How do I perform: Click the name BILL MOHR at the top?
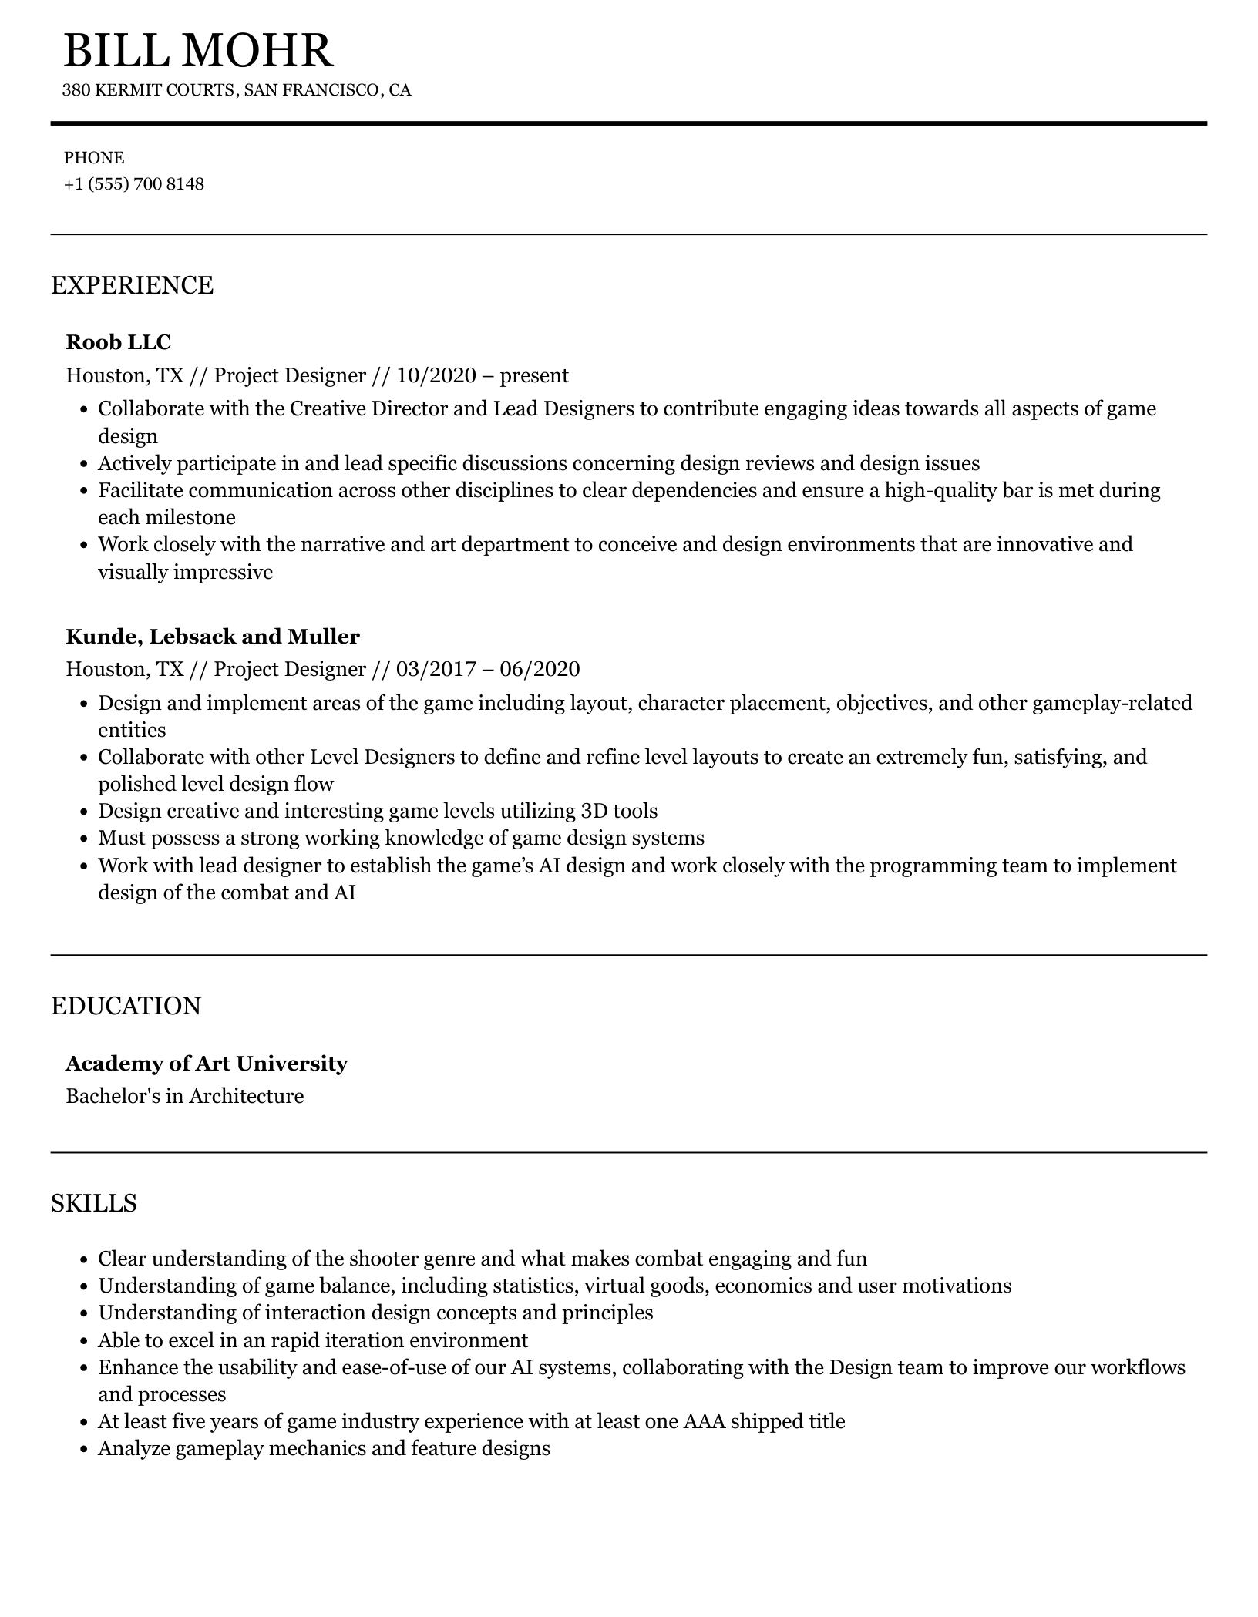[198, 51]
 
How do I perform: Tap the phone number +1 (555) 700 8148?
[134, 184]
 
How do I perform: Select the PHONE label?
[94, 158]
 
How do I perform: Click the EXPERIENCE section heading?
[132, 285]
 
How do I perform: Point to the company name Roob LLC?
[119, 341]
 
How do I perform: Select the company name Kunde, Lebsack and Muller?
[213, 637]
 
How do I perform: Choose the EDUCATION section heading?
[126, 1006]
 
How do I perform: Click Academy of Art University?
[207, 1064]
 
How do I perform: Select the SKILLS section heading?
[94, 1203]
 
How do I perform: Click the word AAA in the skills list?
[704, 1421]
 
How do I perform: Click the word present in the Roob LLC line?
[534, 375]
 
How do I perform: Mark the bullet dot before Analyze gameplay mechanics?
[84, 1450]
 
